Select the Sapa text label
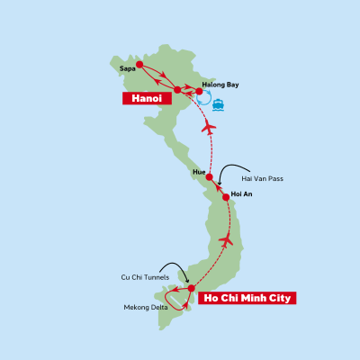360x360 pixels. [128, 67]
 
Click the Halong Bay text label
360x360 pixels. [220, 84]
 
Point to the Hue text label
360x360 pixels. [199, 168]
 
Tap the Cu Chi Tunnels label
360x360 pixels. [144, 277]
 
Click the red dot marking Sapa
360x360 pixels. [140, 64]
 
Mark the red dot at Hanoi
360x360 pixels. [177, 89]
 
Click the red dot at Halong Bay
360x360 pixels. [199, 91]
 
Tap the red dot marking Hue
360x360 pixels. [209, 176]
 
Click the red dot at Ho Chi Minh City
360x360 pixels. [192, 288]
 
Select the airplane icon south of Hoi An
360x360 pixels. [227, 240]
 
